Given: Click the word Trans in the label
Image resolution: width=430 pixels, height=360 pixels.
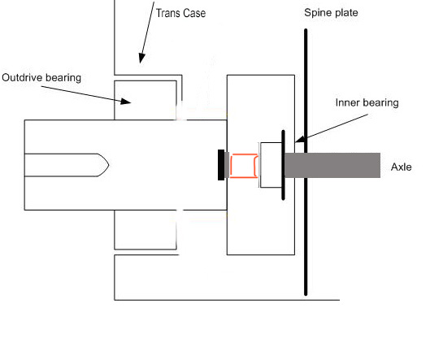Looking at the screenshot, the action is tap(168, 13).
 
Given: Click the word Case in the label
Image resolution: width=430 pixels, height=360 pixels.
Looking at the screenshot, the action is tap(194, 13).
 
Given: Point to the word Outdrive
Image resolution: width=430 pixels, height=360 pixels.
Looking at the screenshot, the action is tap(22, 77).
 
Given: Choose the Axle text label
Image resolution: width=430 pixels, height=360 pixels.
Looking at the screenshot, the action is tap(402, 167).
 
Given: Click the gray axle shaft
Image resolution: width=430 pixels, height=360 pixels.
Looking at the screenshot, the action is tap(332, 165).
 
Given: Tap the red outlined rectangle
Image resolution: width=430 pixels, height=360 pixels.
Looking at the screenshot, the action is tap(244, 166).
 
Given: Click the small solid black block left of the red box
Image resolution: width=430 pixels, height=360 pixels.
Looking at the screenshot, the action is tap(221, 165).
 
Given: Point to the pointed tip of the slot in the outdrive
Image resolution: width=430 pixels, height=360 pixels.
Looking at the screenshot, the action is tap(109, 165).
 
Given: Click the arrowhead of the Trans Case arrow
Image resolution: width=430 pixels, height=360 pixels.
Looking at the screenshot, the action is tap(141, 59).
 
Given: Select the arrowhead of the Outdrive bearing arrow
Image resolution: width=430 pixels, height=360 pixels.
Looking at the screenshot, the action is tap(126, 101).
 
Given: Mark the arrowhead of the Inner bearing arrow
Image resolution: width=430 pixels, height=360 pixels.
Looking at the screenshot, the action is tap(300, 140).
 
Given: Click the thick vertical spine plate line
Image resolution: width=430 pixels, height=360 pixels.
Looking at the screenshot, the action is tap(306, 162).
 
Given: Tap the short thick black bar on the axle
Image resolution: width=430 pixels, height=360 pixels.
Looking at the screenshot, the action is tap(284, 165).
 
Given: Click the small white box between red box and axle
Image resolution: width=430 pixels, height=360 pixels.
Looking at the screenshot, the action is tap(271, 165).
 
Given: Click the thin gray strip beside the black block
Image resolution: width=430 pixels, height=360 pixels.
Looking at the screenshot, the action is tap(227, 165).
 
